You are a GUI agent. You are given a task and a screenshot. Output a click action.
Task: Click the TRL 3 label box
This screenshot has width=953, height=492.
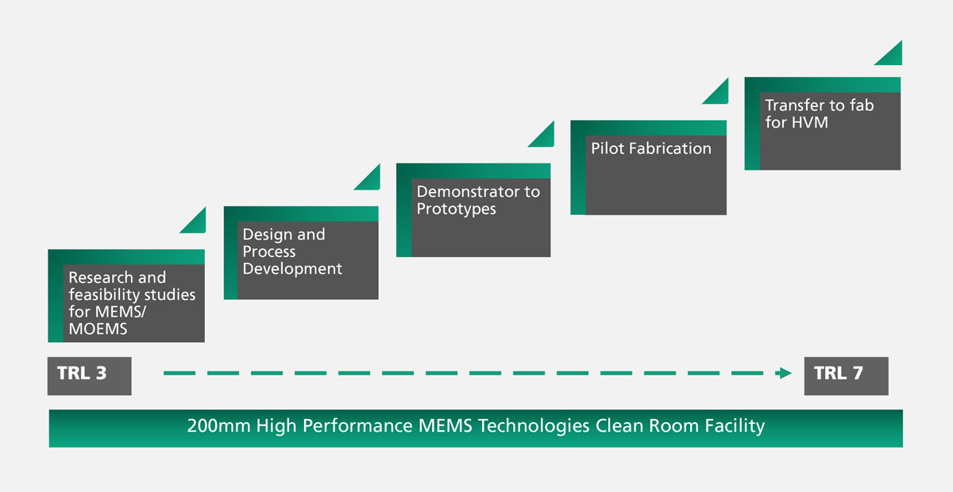click(x=89, y=376)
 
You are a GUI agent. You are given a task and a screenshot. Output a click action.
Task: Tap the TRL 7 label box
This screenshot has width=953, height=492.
click(x=846, y=376)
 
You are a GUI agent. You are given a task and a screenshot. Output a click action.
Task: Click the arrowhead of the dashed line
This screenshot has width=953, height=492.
click(x=783, y=373)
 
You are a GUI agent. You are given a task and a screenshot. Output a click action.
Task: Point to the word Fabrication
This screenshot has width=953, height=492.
click(x=670, y=148)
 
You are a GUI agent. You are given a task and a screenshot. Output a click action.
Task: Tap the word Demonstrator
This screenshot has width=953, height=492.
click(x=469, y=192)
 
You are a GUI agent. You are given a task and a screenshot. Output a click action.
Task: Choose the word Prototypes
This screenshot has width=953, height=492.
click(x=457, y=209)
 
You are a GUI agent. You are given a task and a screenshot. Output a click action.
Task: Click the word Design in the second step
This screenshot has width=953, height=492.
click(x=267, y=235)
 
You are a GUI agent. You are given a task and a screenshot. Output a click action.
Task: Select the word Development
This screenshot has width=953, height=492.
click(x=292, y=269)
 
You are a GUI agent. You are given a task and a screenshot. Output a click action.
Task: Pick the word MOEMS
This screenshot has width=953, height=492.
click(x=98, y=329)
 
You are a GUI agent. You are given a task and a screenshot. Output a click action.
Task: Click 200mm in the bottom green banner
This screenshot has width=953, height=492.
click(x=218, y=425)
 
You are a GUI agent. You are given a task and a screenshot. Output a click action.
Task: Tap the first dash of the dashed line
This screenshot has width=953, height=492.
click(x=179, y=373)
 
